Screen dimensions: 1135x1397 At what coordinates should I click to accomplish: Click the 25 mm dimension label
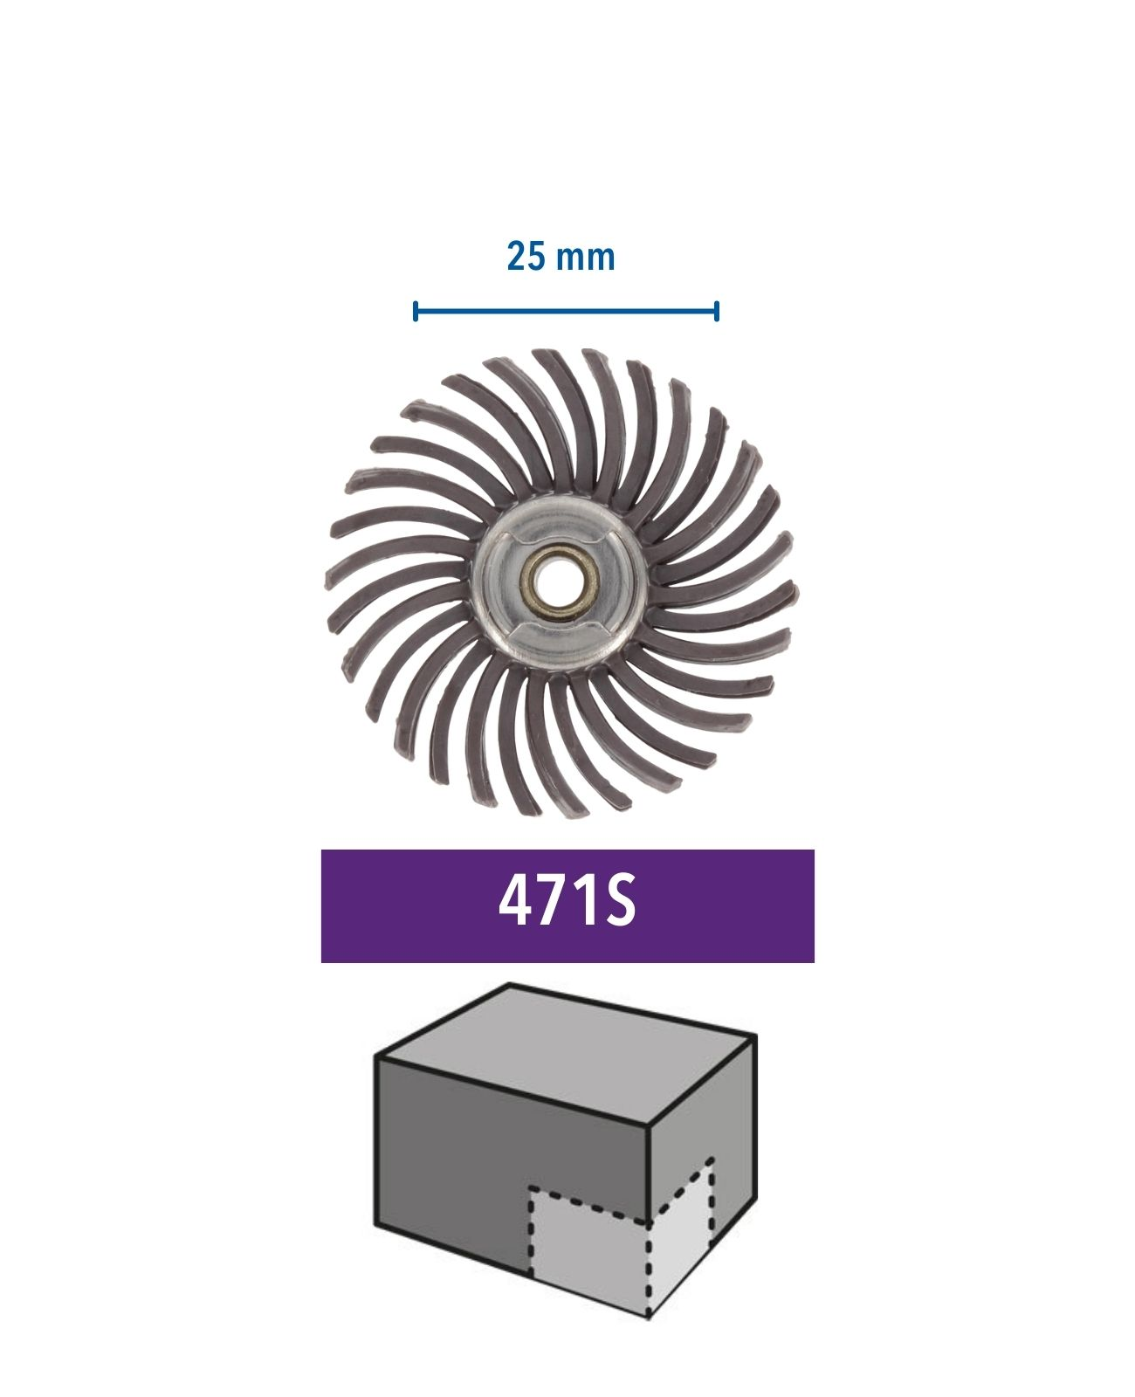(561, 257)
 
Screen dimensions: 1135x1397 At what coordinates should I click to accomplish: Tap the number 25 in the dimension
(526, 257)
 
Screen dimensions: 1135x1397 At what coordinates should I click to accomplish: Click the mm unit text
(587, 259)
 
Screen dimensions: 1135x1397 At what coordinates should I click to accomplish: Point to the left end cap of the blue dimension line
(416, 312)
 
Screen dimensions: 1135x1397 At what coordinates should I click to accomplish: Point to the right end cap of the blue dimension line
(718, 312)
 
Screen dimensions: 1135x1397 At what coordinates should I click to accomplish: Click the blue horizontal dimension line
(567, 312)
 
